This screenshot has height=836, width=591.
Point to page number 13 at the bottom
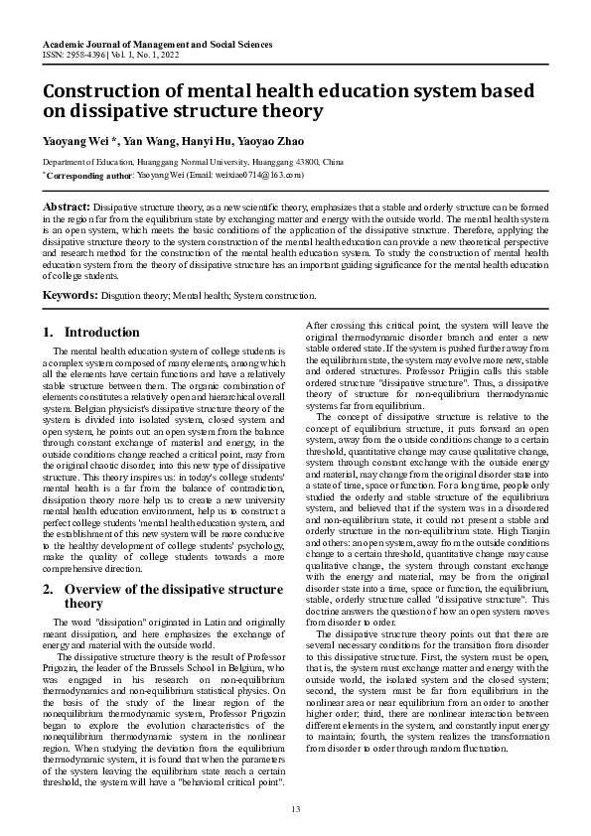[x=295, y=810]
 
